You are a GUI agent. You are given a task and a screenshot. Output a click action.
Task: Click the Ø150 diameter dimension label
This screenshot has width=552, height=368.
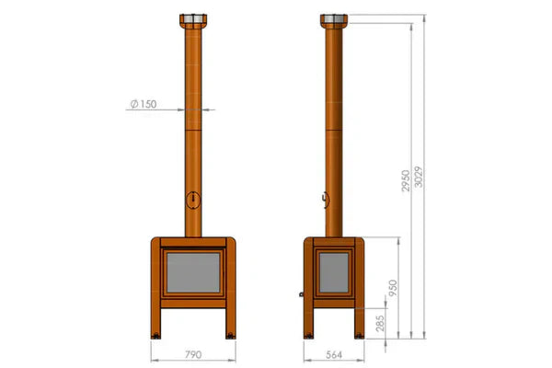146,104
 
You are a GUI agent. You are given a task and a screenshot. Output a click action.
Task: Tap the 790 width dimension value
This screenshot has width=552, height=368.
193,353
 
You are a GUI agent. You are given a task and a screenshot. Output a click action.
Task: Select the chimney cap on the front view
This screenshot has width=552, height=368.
194,21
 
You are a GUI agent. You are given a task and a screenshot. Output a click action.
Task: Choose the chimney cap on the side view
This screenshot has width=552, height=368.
334,21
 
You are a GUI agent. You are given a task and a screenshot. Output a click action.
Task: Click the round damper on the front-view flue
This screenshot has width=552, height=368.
193,198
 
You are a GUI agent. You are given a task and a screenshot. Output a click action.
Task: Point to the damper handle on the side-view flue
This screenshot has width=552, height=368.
324,198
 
